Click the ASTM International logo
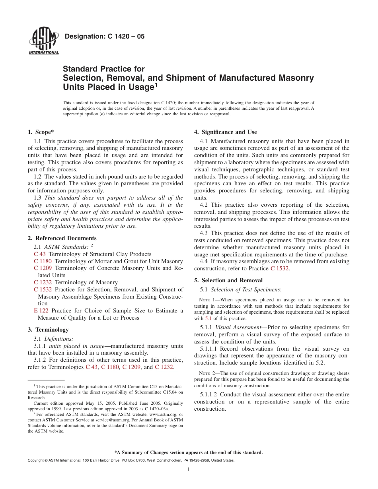(44, 42)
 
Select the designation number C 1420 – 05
(104, 37)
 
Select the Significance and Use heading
(225, 132)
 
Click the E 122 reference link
(41, 310)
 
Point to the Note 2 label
(207, 373)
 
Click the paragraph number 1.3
(38, 198)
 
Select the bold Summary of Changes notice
(188, 452)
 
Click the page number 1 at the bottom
(189, 470)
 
